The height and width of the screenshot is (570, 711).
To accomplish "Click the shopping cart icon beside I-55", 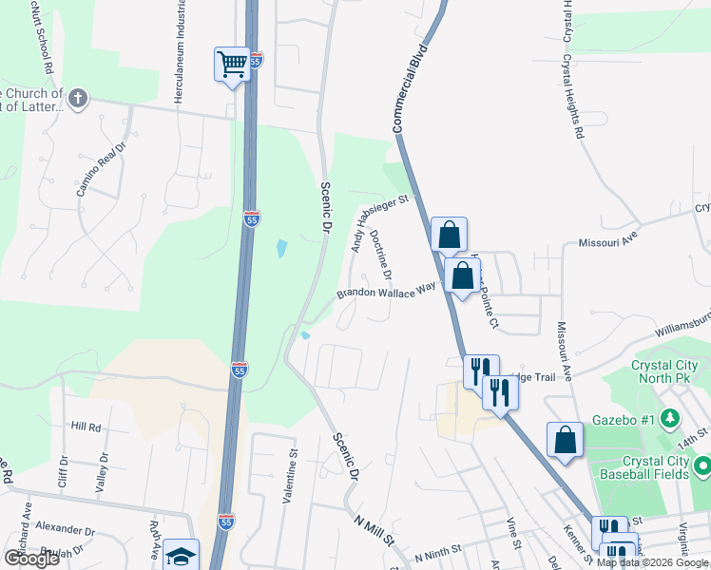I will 232,64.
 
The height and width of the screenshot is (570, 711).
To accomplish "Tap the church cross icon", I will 78,97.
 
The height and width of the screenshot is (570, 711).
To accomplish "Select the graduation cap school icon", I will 181,556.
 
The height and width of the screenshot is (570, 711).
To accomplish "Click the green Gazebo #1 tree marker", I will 669,417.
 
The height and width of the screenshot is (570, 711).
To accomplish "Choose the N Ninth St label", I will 437,549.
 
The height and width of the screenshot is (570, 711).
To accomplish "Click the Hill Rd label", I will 86,427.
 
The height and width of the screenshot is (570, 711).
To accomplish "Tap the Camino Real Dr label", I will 102,171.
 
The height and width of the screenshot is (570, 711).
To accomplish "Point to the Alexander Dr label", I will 65,525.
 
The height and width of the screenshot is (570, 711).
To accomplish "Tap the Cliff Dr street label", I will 64,471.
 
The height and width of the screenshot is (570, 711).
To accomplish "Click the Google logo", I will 31,559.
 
